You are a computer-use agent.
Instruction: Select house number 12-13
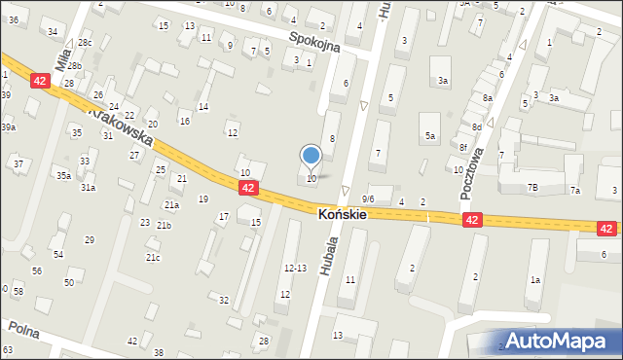[295, 268]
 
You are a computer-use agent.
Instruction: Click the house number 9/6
[368, 198]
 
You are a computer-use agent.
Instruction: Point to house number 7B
[532, 187]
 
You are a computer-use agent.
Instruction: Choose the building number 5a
[428, 137]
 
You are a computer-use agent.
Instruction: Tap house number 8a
[487, 98]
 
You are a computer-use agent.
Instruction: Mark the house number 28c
[86, 43]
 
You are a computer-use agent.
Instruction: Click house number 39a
[8, 127]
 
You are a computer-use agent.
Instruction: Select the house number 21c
[153, 258]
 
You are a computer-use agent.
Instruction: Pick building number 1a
[534, 280]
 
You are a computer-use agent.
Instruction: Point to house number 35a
[62, 176]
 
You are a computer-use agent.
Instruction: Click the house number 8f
[464, 147]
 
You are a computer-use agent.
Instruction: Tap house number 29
[90, 239]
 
